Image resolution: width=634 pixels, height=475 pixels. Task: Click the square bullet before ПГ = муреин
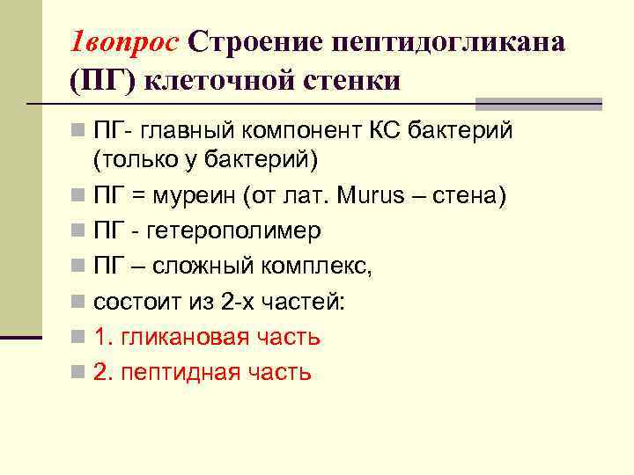coord(80,195)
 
